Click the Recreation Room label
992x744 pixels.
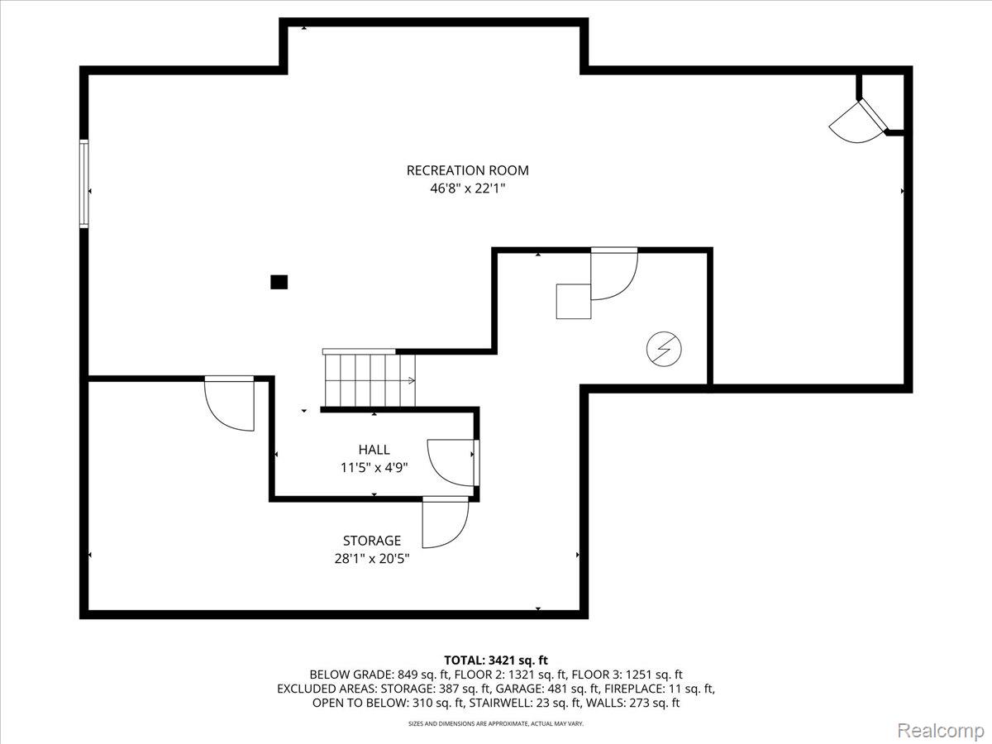[x=467, y=170]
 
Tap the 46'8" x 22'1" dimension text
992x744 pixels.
[x=467, y=188]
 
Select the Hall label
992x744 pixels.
[x=374, y=450]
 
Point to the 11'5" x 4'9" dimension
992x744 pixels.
[x=374, y=468]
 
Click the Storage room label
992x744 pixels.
[x=372, y=541]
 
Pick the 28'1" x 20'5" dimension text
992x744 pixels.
[x=372, y=559]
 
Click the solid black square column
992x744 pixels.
[x=279, y=283]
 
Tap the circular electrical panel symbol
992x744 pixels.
[x=664, y=349]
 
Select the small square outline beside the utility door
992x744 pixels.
[x=574, y=301]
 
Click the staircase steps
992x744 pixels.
[x=370, y=380]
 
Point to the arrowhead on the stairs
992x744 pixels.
[x=412, y=380]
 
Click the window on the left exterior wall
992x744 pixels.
[x=83, y=184]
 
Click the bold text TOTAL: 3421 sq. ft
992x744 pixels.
[x=496, y=661]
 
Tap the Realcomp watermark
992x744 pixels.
[x=941, y=730]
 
